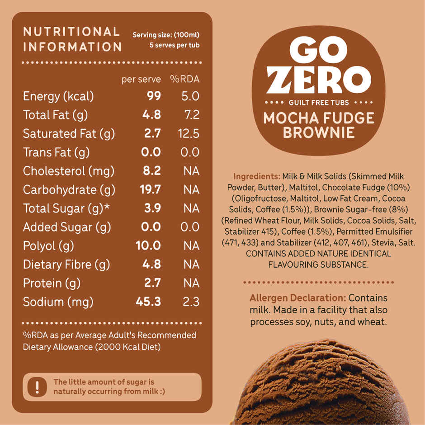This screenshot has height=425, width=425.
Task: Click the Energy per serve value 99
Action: tap(154, 96)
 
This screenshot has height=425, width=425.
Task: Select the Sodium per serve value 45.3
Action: tap(148, 302)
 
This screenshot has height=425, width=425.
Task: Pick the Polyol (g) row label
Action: tap(48, 246)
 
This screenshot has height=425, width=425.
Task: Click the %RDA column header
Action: tap(184, 79)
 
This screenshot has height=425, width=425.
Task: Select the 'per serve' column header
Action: tap(141, 79)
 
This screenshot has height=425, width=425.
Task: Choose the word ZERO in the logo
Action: tap(319, 80)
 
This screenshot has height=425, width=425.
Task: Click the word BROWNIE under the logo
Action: tap(319, 132)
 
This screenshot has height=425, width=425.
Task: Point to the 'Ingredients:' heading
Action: tap(256, 176)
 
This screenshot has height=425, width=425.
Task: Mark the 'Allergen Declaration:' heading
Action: tap(297, 298)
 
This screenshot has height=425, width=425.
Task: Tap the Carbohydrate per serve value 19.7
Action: tap(150, 190)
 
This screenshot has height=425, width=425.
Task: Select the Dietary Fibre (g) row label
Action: tap(66, 264)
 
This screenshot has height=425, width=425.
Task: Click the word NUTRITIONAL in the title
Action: tap(71, 32)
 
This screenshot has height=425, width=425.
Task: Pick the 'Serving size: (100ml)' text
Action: tap(166, 35)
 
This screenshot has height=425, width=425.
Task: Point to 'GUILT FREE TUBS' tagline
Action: tap(319, 102)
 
